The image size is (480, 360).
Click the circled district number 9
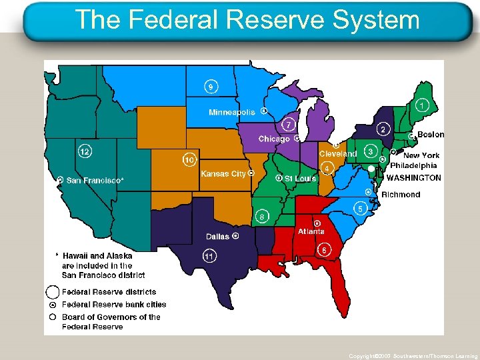click(211, 86)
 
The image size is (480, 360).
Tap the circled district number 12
click(85, 151)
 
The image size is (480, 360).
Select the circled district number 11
click(209, 256)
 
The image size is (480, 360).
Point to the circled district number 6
click(324, 250)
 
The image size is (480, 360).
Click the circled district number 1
click(422, 105)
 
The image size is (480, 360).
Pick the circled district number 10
click(189, 160)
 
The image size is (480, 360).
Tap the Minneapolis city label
click(231, 112)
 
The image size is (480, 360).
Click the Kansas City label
click(223, 174)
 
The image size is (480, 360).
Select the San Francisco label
click(95, 180)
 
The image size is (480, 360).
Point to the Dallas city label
click(217, 237)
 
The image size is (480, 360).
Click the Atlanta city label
click(311, 231)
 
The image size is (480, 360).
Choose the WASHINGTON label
click(413, 178)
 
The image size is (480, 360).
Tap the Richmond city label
click(401, 195)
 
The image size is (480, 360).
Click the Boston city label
click(430, 135)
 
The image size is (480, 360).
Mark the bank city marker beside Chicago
click(296, 139)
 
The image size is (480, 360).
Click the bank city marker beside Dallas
click(235, 236)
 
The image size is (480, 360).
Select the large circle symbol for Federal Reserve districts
click(53, 292)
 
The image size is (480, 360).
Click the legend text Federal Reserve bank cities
click(114, 305)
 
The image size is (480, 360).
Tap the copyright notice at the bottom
click(413, 356)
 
